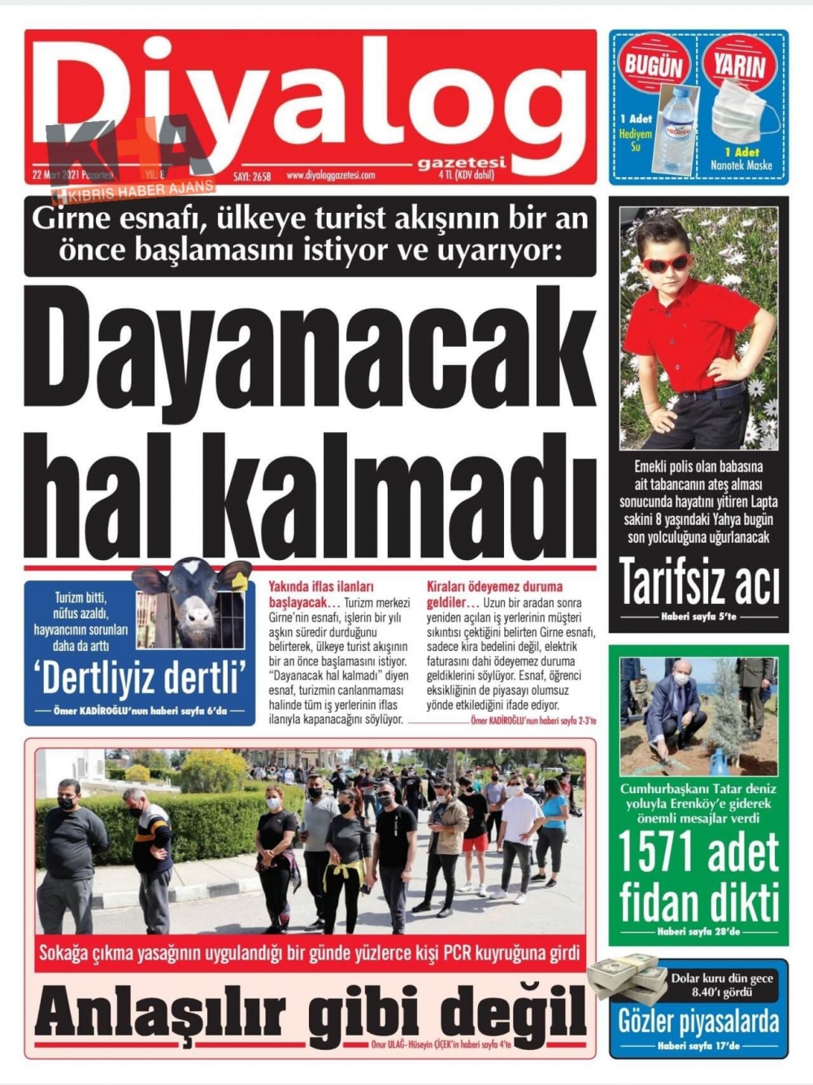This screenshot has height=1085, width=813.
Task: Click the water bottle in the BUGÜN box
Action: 674,130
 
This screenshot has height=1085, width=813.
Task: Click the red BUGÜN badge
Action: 654,64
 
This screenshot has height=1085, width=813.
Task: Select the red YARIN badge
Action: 740,64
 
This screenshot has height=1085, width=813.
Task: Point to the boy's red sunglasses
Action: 666,263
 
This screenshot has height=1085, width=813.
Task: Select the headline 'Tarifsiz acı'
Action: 698,582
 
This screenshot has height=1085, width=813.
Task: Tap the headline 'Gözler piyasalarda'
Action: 698,1022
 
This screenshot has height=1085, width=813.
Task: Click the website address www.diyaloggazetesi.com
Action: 331,176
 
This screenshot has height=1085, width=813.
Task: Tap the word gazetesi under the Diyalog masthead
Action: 461,163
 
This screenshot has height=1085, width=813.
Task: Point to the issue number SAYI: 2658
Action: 252,176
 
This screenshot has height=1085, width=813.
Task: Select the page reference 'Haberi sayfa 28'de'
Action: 698,931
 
